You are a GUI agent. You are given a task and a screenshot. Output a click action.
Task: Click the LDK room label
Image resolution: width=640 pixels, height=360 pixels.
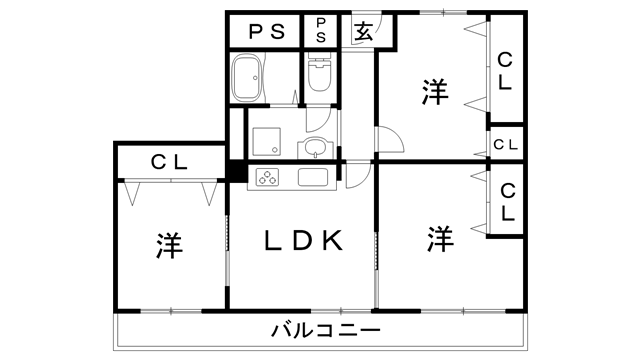[304, 241]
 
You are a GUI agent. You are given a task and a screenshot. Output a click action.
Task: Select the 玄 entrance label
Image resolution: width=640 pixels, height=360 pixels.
[361, 31]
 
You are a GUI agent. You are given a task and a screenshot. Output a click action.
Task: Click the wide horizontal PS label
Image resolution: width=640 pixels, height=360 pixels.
[266, 31]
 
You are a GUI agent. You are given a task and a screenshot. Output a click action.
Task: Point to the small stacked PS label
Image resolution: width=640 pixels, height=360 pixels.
[322, 30]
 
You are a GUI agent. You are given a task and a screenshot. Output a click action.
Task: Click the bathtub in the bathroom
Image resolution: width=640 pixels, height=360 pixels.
[248, 78]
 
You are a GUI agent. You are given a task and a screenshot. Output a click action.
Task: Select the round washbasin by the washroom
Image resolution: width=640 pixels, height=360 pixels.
[316, 150]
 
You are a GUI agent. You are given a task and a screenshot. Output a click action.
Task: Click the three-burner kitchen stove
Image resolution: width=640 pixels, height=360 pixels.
[270, 178]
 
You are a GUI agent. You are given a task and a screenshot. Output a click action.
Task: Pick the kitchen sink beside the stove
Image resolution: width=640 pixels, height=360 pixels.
[313, 178]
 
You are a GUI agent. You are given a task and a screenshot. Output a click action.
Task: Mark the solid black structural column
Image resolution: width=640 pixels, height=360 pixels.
[237, 171]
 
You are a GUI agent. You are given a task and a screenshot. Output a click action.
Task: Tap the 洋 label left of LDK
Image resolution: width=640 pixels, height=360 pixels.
[169, 246]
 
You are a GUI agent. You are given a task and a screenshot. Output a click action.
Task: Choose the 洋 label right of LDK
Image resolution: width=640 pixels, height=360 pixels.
[439, 239]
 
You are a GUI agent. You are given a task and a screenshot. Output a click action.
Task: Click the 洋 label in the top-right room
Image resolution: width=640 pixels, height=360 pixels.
[434, 91]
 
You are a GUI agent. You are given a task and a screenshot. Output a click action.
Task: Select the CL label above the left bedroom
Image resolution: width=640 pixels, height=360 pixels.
[171, 160]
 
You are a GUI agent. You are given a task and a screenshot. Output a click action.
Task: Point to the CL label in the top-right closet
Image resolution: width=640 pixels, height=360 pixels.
[505, 70]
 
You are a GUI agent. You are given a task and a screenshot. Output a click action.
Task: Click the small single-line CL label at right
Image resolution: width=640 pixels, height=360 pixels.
[505, 144]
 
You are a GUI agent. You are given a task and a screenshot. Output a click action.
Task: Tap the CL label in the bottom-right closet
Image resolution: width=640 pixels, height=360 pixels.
[507, 202]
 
